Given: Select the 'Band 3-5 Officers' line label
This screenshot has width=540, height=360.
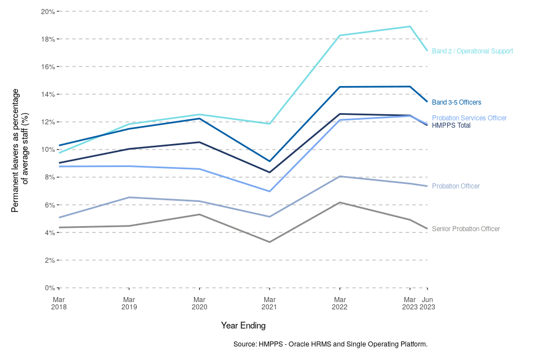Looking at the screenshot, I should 456,102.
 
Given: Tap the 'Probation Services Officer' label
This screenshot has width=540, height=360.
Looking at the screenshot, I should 469,118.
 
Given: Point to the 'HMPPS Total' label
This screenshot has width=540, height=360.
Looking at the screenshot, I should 451,125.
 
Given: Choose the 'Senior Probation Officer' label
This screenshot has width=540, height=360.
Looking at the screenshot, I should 466,229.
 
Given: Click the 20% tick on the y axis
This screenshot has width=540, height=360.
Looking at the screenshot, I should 48,11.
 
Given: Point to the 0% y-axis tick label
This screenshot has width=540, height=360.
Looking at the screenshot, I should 50,288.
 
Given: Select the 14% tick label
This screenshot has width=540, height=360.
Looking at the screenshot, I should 48,94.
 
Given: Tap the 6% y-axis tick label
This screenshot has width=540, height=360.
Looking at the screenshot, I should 50,205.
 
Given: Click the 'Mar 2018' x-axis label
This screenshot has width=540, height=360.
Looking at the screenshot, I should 59,303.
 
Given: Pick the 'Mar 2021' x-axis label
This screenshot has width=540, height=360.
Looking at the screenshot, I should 270,303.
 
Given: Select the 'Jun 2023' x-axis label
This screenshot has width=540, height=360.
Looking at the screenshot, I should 427,303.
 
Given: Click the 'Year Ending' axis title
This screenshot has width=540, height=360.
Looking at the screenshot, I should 243,325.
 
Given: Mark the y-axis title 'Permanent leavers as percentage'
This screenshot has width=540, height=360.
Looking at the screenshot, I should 15,150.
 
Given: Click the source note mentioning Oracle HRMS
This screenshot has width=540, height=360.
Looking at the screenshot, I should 330,344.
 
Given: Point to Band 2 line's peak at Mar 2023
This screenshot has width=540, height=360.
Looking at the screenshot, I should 410,26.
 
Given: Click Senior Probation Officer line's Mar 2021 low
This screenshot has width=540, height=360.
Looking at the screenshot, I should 270,242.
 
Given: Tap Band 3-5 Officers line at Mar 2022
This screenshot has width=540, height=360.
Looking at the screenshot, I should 340,87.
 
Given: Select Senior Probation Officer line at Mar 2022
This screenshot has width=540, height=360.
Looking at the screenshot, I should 340,202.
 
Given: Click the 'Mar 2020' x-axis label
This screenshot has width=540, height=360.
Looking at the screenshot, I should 199,303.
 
